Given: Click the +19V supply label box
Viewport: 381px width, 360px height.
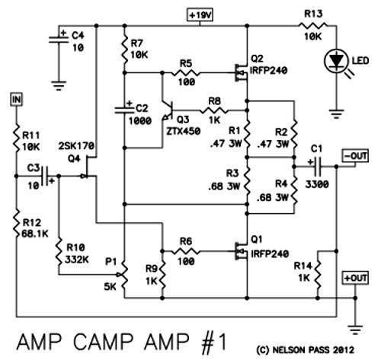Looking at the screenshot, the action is pos(200,15).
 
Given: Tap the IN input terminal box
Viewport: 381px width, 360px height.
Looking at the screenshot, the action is pos(17,100).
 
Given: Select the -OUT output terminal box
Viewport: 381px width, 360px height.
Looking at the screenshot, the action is pos(355,156).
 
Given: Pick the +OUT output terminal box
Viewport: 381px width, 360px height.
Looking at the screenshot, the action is pos(355,278).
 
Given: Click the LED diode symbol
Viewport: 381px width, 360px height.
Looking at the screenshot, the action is pos(337,61).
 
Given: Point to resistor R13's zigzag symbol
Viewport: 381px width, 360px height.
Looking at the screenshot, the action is pos(313,25).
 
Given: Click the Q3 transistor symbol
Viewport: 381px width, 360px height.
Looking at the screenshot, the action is pos(168,110).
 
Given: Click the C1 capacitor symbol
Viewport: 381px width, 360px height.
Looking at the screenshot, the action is pos(318,167).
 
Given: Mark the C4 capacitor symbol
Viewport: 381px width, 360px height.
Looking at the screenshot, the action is pos(59,39).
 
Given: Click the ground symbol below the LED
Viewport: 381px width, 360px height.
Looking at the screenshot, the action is pos(337,114).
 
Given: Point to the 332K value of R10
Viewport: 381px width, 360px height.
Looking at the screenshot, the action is pos(76,260).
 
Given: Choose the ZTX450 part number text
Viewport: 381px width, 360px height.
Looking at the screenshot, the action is pos(183,131).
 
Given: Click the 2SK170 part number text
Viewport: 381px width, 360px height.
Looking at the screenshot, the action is pos(76,146).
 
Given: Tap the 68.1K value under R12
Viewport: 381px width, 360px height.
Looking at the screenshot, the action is pos(35,234).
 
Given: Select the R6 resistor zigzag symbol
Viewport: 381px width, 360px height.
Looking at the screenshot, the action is pos(186,251).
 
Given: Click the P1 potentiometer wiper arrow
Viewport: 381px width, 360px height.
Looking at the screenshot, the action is pos(118,275).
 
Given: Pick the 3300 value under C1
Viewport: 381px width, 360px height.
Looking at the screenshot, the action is pos(317,184).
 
